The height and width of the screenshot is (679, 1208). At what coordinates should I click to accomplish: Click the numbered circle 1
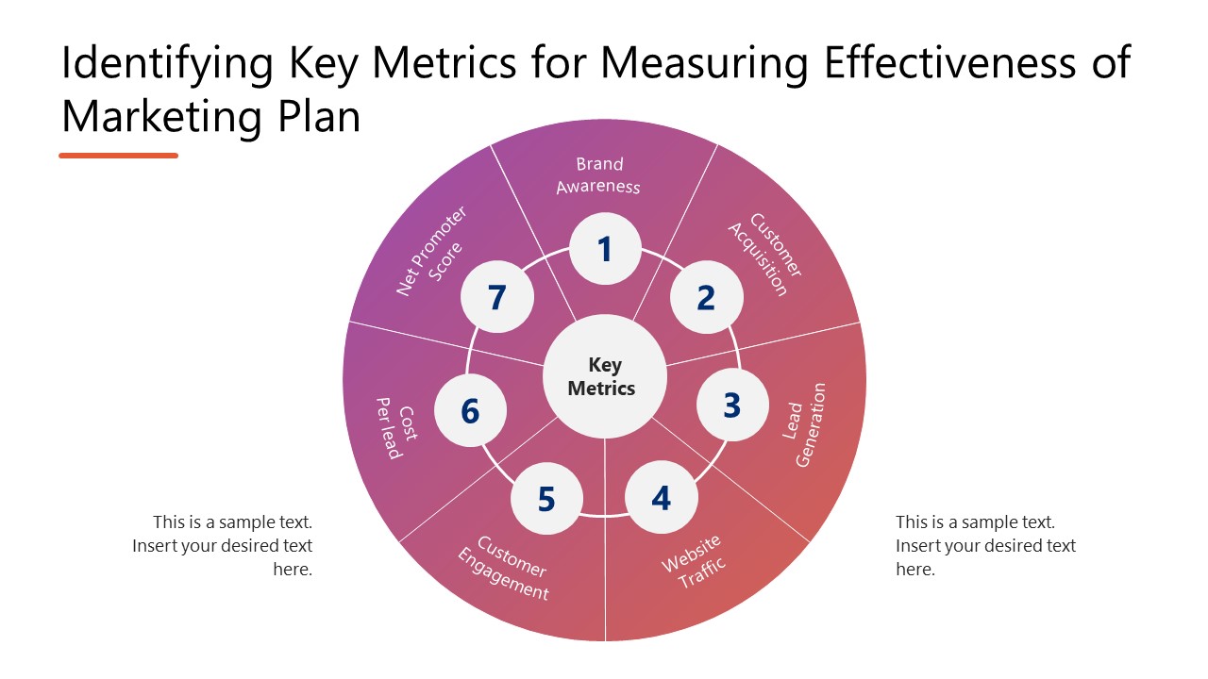[605, 250]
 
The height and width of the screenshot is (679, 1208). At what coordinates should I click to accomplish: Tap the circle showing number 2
[707, 298]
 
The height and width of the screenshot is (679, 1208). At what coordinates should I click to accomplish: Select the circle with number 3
[732, 406]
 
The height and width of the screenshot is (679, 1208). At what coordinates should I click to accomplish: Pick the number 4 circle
[662, 499]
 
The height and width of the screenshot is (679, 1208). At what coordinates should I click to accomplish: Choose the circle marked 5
[546, 499]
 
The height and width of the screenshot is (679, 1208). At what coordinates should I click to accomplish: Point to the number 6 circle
[470, 412]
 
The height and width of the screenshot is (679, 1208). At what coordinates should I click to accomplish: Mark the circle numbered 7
[497, 298]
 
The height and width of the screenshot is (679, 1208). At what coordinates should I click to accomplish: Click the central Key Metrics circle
[604, 376]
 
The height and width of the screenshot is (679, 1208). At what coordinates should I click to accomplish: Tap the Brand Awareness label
[599, 175]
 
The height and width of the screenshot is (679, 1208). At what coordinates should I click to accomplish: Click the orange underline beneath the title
[118, 156]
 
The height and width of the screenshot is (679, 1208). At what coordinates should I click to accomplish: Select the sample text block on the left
[223, 545]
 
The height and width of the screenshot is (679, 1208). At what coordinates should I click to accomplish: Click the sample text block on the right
[985, 545]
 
